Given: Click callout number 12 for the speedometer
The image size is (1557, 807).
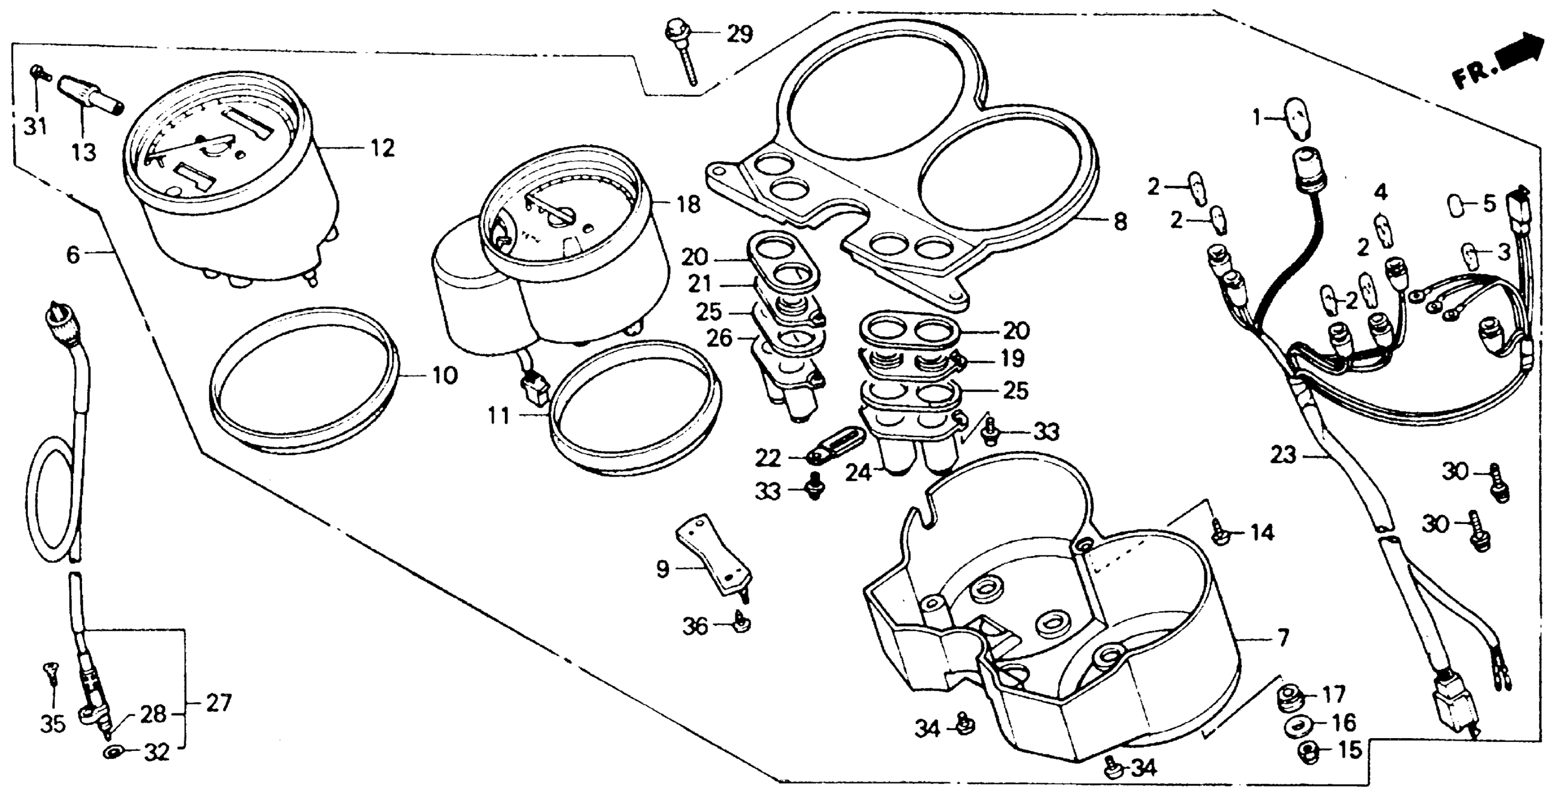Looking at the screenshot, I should click(382, 148).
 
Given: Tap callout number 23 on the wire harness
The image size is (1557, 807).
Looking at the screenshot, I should click(1283, 455).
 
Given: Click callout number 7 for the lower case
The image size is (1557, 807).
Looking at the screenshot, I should click(1283, 638).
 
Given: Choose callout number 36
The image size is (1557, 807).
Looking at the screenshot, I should click(695, 626).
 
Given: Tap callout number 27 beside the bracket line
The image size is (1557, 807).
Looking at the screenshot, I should click(218, 703).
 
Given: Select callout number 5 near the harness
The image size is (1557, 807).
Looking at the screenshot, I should click(1489, 204).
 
